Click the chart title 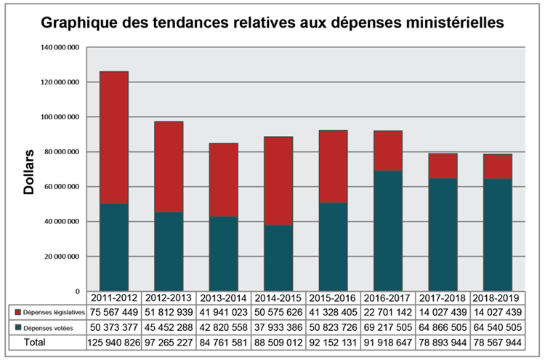[272, 23]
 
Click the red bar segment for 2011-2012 [114, 137]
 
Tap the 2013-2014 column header [223, 297]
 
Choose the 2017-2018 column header [442, 297]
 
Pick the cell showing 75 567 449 [114, 312]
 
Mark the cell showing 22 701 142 [387, 312]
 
